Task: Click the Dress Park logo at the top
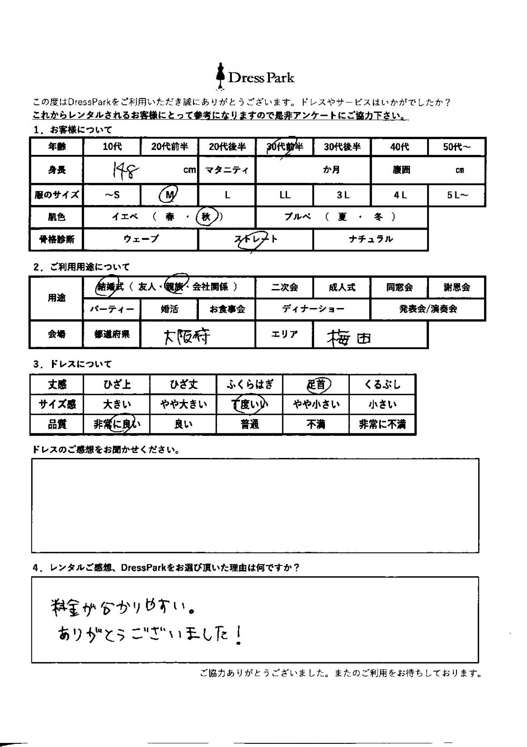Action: tap(255, 77)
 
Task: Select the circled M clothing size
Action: tap(169, 195)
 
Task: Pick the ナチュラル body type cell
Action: tap(370, 240)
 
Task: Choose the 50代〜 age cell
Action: tap(456, 147)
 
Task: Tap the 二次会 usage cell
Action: tap(284, 288)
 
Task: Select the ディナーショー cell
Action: tap(313, 309)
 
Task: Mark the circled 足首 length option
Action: tap(318, 385)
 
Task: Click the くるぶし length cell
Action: tap(382, 385)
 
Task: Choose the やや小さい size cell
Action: tap(316, 405)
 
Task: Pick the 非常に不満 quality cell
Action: tap(382, 425)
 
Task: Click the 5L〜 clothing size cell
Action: tap(457, 195)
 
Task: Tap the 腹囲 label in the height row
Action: tap(401, 170)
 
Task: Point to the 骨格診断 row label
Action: tap(57, 240)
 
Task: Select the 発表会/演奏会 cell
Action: tap(428, 309)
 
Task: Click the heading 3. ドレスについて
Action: tap(72, 364)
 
